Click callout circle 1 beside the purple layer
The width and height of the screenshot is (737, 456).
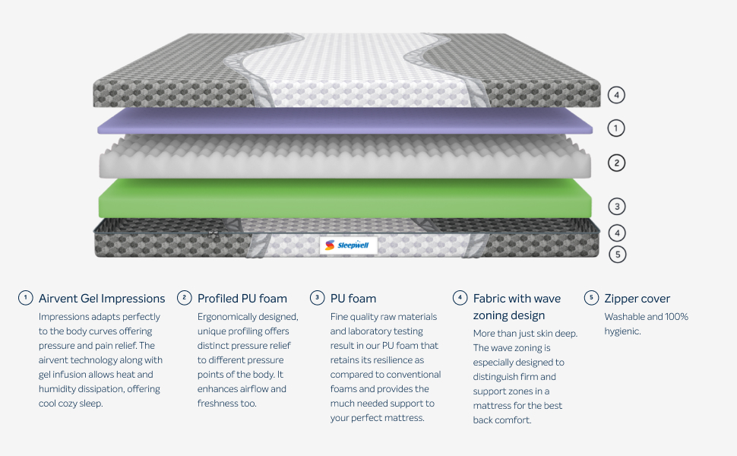[617, 128]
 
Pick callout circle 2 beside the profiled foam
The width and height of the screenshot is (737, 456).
[617, 162]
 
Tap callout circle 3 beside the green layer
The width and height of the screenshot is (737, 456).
[617, 206]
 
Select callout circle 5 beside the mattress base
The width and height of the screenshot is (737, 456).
[617, 255]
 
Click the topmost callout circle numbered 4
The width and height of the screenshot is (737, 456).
[617, 95]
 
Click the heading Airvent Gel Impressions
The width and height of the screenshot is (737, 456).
[102, 299]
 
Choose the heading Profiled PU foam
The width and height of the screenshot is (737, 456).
[242, 299]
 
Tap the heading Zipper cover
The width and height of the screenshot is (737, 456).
[637, 299]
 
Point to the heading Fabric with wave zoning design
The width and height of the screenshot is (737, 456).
[517, 307]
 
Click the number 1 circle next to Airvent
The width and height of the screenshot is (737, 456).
[26, 298]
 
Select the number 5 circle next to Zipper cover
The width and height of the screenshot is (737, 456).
[591, 298]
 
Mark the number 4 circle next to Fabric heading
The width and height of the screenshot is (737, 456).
[459, 298]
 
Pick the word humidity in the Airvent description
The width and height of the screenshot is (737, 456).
[60, 389]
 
